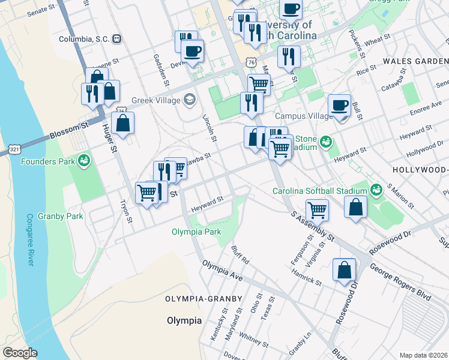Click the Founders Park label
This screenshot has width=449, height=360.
click(x=48, y=161)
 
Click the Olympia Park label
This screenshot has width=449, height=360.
click(x=196, y=232)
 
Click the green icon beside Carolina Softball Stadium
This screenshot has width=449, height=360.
click(x=376, y=191)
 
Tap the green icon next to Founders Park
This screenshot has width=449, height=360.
click(x=84, y=161)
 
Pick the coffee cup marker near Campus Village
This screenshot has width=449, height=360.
click(x=340, y=106)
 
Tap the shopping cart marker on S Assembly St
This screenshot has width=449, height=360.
click(x=317, y=210)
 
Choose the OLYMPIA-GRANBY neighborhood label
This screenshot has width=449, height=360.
click(x=203, y=299)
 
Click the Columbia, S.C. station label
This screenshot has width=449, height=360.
click(x=84, y=39)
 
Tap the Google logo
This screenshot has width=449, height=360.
click(x=20, y=353)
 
